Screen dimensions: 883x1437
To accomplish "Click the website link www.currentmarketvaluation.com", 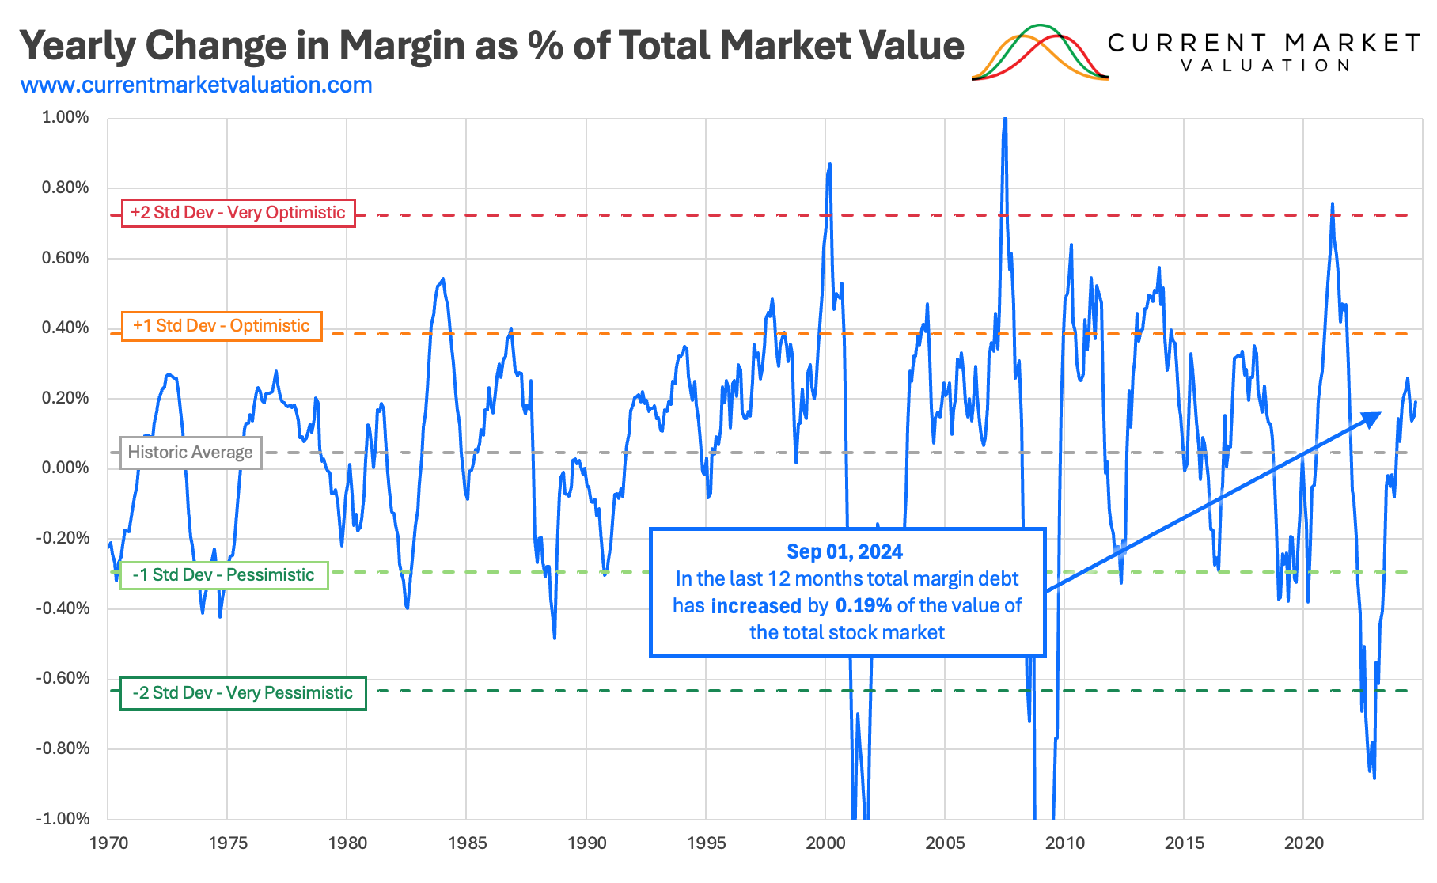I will pos(196,85).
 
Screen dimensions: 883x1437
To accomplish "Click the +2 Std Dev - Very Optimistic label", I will pos(238,213).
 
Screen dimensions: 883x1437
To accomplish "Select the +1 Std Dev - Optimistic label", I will pos(222,326).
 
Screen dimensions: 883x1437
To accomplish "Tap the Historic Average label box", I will pos(191,453).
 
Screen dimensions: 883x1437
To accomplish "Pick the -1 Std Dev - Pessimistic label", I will pos(224,575).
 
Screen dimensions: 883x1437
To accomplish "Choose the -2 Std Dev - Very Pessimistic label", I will pos(243,693).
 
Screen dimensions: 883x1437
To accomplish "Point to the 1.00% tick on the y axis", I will pos(66,117).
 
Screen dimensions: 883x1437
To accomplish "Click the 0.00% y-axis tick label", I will pos(66,468).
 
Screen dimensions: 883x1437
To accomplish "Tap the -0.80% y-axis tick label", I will pos(63,748).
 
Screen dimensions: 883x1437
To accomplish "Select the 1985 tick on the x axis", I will pos(467,843).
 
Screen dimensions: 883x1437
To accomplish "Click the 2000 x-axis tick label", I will pos(825,843).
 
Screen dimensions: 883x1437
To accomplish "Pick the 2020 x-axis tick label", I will pos(1303,843).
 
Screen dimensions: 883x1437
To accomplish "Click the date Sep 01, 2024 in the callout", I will pos(844,551).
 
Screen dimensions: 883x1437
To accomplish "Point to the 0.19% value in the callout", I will pos(863,606).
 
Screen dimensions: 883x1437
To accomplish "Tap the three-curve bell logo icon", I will pos(1040,53).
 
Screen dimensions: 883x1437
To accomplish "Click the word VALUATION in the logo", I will pos(1264,66).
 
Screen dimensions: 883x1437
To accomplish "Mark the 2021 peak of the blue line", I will pos(1333,204).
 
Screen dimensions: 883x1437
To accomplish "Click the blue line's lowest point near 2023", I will pos(1374,778).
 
